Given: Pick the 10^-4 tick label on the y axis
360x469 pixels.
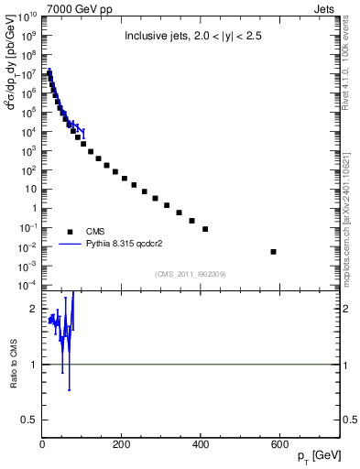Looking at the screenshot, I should pos(28,286).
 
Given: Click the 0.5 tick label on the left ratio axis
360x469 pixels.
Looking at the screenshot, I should pos(30,420).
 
